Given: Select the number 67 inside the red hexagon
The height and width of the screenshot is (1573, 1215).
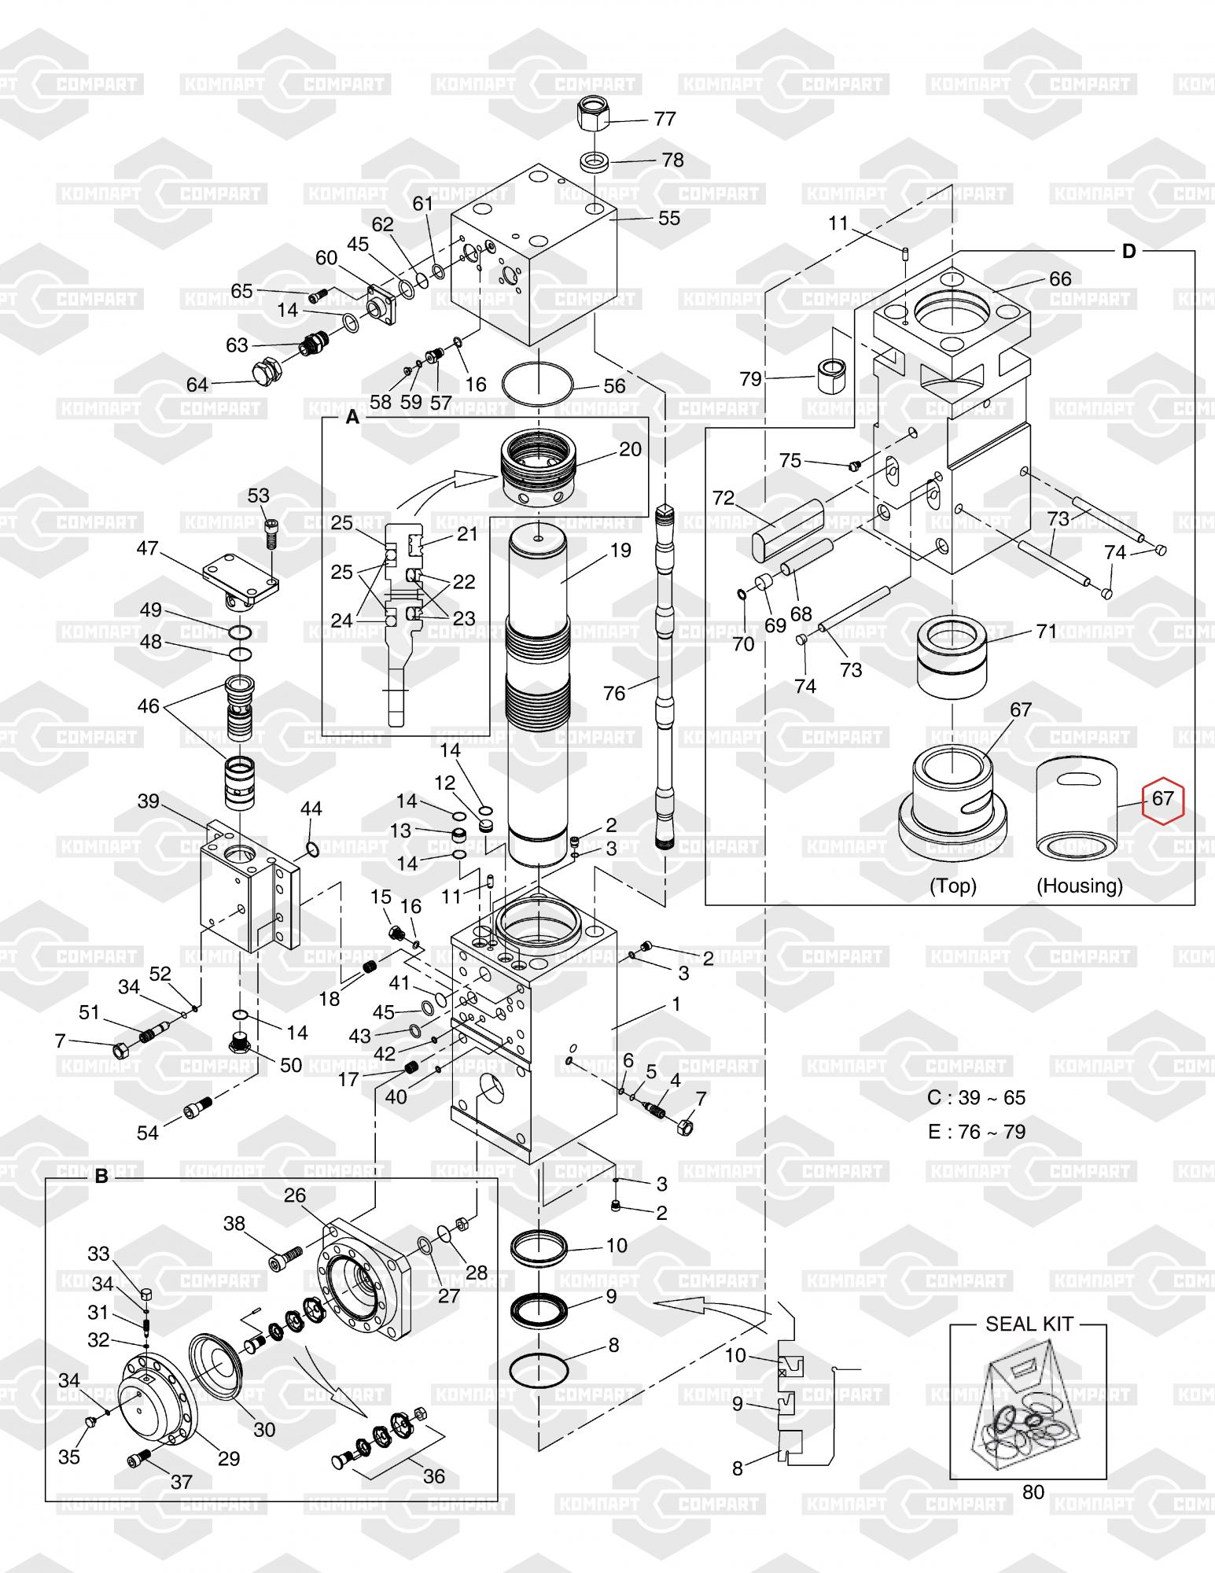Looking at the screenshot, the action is [1162, 798].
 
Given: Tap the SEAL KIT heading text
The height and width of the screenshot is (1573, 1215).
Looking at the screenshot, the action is [1029, 1324].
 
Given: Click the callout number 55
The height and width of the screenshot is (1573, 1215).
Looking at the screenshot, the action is [668, 218].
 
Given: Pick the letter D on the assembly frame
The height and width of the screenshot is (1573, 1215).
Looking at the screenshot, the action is [1128, 251].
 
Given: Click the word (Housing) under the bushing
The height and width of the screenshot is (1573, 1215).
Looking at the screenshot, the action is [1080, 886].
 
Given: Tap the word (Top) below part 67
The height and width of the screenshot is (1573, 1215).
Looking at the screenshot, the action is [953, 886].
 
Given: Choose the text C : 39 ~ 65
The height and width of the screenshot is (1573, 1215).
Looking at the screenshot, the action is [977, 1097].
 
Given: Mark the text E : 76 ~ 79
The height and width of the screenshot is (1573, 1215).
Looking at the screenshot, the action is [977, 1132].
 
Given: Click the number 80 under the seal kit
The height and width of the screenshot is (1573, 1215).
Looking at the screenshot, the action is [1033, 1491].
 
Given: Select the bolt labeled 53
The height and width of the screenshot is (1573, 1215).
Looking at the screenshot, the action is [272, 535].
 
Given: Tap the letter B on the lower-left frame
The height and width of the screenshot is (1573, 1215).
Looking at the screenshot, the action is [101, 1177].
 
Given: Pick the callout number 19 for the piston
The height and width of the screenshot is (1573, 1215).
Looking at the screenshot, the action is [620, 550].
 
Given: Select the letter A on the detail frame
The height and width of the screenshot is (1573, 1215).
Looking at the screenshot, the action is [352, 417].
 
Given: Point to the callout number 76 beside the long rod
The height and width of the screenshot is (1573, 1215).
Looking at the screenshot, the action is [614, 693].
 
